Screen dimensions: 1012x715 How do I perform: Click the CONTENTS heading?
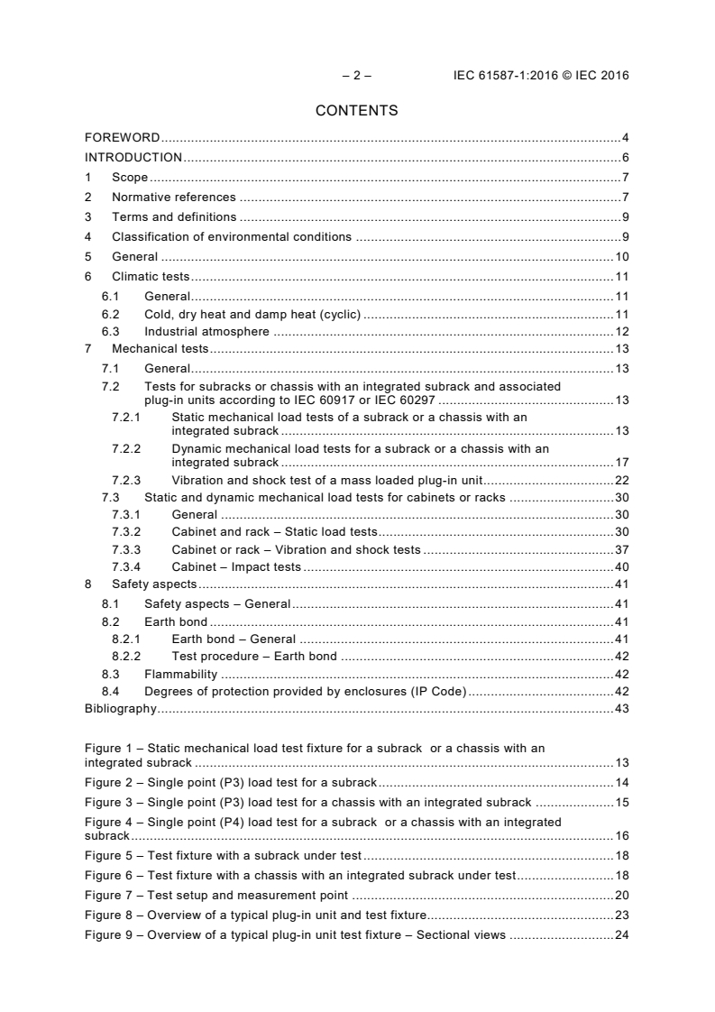356,111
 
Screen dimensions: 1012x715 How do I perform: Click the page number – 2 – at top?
356,76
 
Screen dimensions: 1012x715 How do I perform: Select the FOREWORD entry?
122,138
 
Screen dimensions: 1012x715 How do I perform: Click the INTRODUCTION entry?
133,158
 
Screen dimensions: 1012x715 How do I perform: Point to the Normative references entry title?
173,198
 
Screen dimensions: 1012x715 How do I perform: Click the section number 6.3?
110,331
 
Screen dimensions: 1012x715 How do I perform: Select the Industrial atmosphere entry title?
206,331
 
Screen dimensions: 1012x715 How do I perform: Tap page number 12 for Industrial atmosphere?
621,331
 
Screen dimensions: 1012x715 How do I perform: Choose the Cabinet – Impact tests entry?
236,566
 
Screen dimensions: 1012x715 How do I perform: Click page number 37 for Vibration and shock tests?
621,549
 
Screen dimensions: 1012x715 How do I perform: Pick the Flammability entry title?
180,674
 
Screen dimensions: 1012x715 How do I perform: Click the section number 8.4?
110,691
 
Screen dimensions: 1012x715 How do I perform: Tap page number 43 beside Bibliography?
621,709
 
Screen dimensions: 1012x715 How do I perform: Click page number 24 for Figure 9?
621,934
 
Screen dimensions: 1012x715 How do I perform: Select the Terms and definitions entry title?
174,216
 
